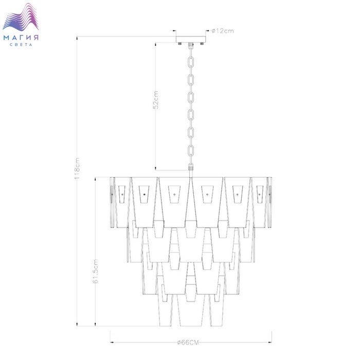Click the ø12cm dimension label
point(223,31)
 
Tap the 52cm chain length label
point(156,100)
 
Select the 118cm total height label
point(77,168)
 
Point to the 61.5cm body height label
point(96,271)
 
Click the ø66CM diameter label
point(188,343)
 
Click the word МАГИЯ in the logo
point(21,38)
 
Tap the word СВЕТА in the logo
point(21,45)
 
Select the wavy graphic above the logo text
point(21,17)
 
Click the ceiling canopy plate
point(191,39)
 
